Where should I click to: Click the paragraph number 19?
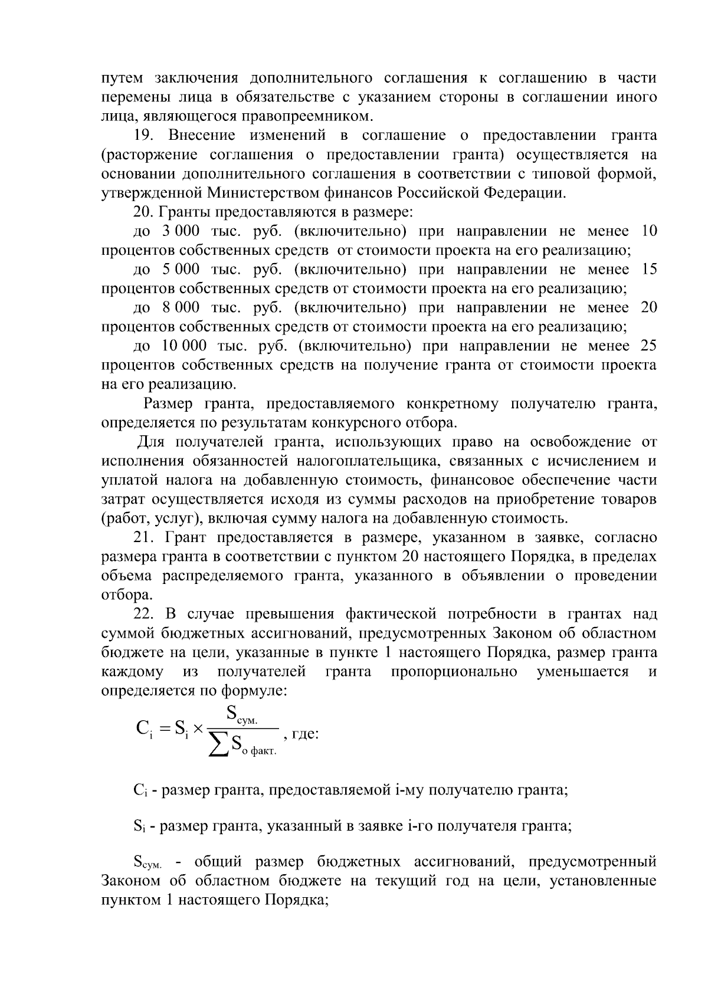pos(143,135)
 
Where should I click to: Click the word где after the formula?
pos(305,734)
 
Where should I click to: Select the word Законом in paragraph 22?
pos(518,634)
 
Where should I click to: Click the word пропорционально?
pos(454,672)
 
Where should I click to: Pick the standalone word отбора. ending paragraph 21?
pos(123,595)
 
